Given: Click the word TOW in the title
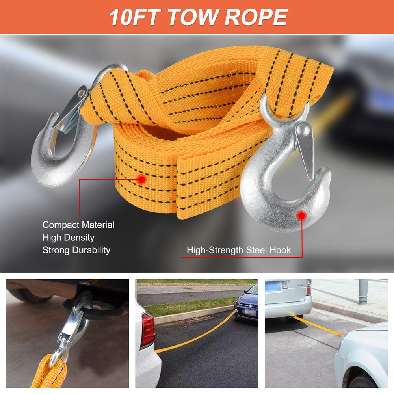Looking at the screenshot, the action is click(x=193, y=17).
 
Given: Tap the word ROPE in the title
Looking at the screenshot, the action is click(x=256, y=17).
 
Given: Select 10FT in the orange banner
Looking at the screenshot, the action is click(x=135, y=17).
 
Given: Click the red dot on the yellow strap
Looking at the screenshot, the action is click(x=142, y=179).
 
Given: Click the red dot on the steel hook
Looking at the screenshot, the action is click(x=301, y=216).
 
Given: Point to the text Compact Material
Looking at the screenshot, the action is click(x=78, y=225).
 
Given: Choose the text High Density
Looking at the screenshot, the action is click(x=68, y=238).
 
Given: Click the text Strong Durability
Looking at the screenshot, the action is click(x=76, y=250).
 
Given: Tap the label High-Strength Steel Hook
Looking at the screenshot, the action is click(x=239, y=250).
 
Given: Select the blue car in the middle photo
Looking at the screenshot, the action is click(x=246, y=303).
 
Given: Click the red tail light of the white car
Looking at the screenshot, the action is click(x=147, y=329).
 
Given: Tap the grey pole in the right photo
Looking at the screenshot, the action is click(x=363, y=292).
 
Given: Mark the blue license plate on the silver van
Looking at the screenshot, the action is click(x=273, y=286).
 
